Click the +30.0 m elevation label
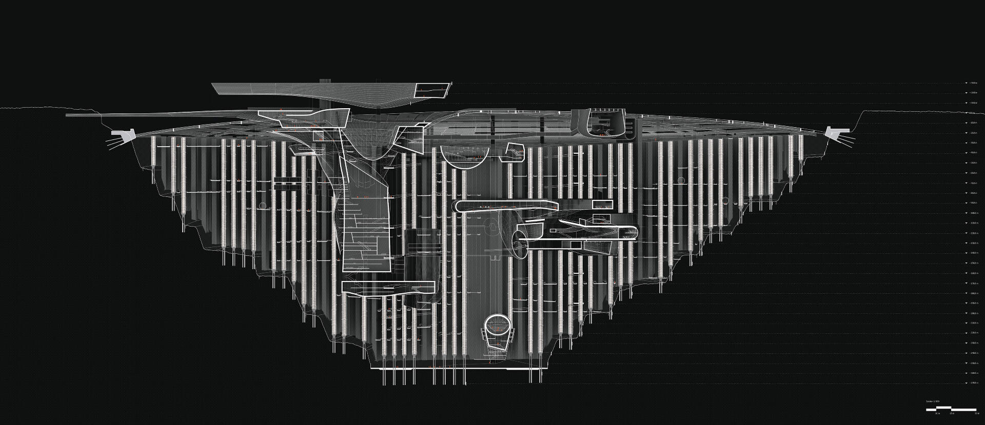(972, 83)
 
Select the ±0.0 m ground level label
(972, 113)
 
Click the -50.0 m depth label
(972, 163)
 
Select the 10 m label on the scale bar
(937, 413)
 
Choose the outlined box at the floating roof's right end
(432, 90)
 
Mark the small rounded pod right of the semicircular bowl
(515, 152)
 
